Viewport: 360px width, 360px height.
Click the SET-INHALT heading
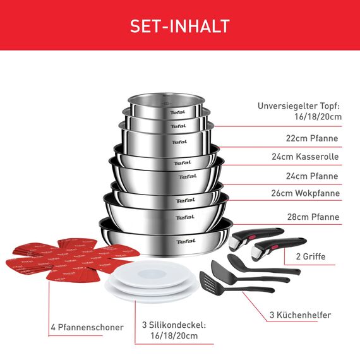click(179, 26)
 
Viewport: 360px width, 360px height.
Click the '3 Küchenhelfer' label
click(301, 315)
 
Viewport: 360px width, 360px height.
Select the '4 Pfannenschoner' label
click(87, 328)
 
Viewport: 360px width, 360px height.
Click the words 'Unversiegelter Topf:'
click(299, 106)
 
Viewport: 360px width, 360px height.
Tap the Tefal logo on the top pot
click(176, 112)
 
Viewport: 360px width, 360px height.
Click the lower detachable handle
click(278, 247)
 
